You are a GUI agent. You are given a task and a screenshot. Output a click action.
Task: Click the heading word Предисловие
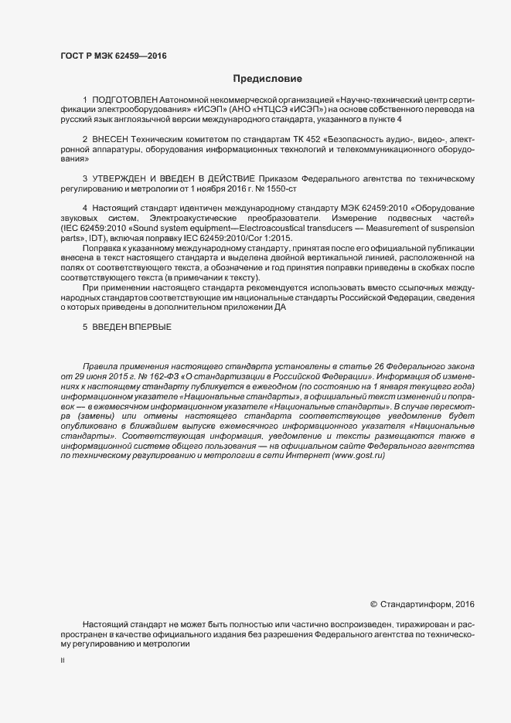268,78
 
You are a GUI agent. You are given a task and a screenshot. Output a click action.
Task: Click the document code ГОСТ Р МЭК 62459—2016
113,56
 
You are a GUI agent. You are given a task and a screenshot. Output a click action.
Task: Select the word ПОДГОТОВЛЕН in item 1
125,101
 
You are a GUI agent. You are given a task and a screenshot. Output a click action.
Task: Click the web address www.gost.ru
357,456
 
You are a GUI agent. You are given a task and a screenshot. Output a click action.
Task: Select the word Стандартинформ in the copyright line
417,604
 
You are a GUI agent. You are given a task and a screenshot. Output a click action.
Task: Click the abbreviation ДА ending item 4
280,307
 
